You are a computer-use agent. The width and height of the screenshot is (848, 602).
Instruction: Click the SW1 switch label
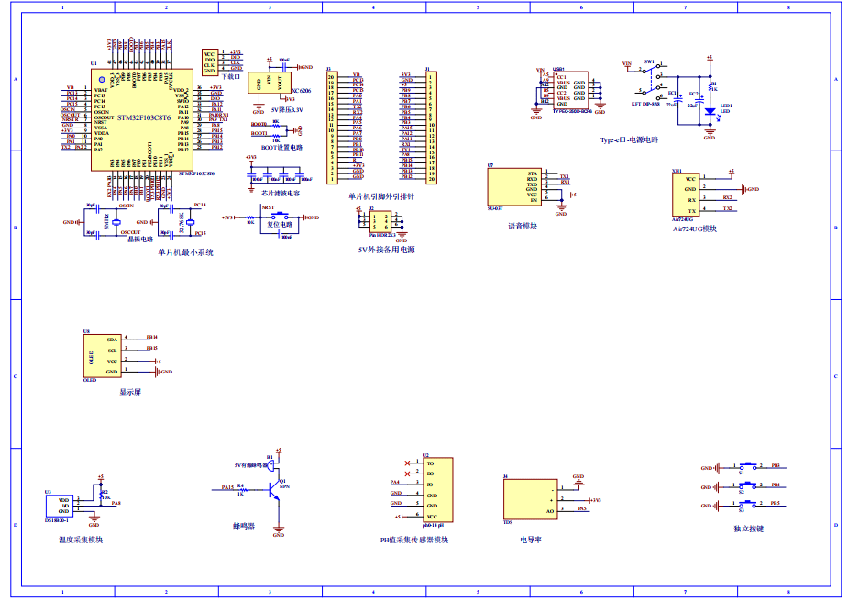(x=649, y=61)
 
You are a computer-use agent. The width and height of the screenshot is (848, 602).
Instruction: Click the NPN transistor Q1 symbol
(x=275, y=490)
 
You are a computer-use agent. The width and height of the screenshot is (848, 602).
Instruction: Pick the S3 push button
(x=750, y=504)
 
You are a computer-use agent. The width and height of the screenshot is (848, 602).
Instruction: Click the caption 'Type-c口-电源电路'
(x=629, y=140)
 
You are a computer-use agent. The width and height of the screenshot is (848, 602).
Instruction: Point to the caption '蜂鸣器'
(x=245, y=527)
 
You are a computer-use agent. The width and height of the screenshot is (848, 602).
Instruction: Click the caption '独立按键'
(x=748, y=529)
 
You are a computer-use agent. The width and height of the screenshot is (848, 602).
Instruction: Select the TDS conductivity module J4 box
(x=531, y=499)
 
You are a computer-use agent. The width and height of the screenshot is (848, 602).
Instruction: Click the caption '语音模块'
(x=522, y=226)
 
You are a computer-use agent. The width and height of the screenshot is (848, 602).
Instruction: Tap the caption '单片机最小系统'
(x=185, y=252)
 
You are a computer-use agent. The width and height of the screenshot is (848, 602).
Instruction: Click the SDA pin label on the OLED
(x=112, y=339)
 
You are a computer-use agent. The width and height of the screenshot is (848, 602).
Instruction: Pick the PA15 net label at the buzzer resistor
(x=227, y=487)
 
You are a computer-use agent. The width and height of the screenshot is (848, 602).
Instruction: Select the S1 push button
(x=750, y=467)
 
